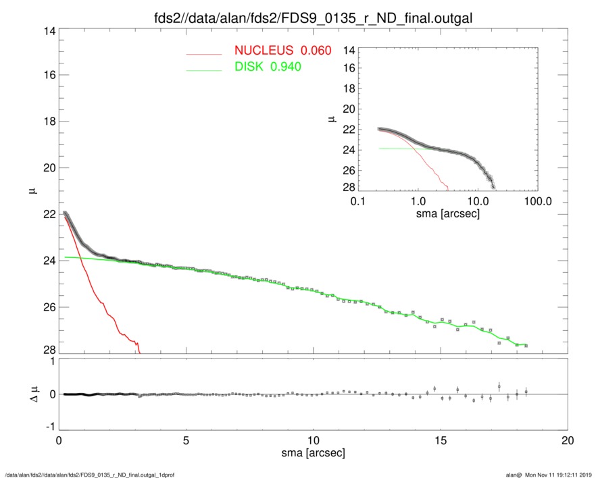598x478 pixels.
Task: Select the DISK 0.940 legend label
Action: tap(268, 67)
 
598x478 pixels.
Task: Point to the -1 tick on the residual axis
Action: tap(47, 427)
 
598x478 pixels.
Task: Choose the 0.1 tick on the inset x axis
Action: tap(358, 201)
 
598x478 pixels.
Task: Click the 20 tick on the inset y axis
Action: tap(349, 109)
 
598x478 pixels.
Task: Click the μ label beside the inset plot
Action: tap(331, 119)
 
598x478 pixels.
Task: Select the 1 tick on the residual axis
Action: tap(50, 361)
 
